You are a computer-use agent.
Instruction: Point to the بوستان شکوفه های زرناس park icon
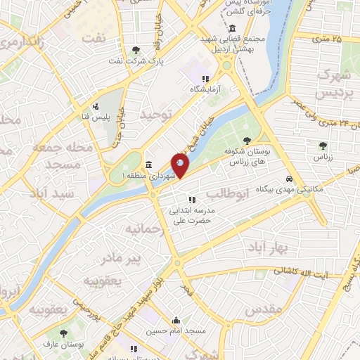tap(246, 141)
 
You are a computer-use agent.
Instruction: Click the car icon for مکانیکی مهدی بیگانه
tap(290, 179)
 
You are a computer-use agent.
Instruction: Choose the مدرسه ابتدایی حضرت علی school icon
tap(191, 200)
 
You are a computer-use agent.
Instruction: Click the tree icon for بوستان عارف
tap(64, 334)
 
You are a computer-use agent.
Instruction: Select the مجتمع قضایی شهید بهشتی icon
tap(232, 28)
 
